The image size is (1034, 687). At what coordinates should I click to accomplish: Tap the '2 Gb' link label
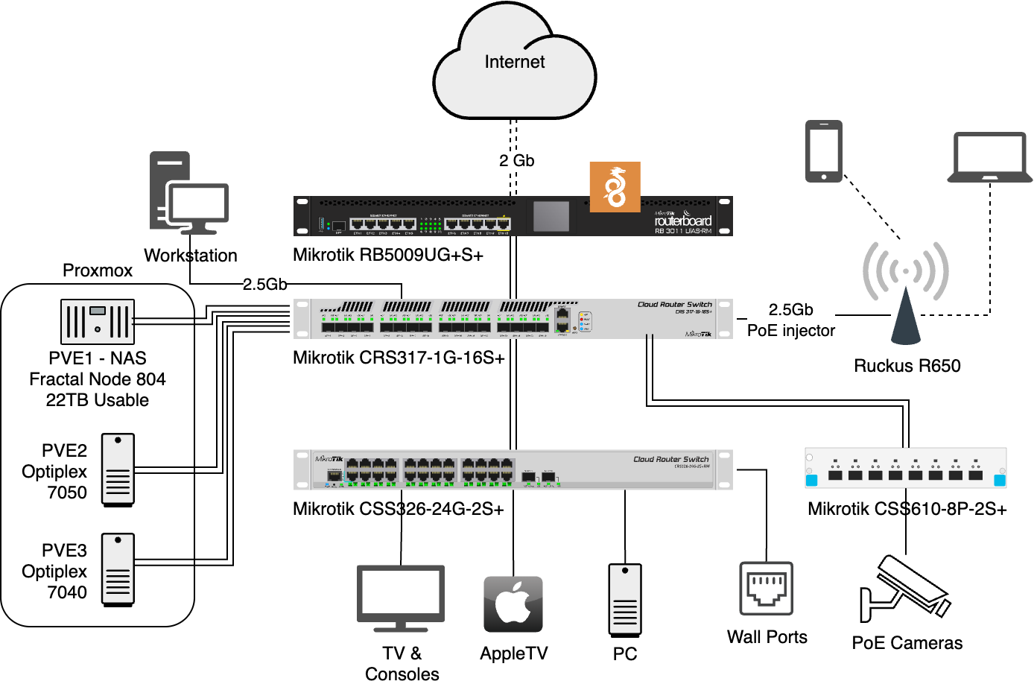tap(516, 161)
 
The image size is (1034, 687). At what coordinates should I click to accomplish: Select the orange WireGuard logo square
tap(615, 187)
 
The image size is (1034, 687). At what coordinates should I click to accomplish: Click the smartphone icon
tap(823, 151)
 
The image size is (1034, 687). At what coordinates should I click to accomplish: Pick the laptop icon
tap(989, 158)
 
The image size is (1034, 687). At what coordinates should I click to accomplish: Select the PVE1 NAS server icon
tap(98, 322)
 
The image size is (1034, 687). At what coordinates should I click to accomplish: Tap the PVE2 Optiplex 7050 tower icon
tap(118, 470)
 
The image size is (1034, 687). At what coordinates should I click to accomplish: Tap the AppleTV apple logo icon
tap(513, 604)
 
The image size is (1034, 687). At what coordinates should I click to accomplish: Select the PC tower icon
tap(625, 601)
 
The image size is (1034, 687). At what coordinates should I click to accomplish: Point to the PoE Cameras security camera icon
tap(904, 589)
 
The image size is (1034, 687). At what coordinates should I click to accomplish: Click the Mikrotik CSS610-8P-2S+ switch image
tap(905, 468)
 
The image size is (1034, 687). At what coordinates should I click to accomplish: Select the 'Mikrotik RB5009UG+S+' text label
tap(388, 256)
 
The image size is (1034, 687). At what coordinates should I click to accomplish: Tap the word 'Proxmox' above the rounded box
tap(98, 270)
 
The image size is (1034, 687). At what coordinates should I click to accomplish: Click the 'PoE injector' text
tap(791, 331)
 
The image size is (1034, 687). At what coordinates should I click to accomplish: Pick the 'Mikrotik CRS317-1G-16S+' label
tap(399, 358)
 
